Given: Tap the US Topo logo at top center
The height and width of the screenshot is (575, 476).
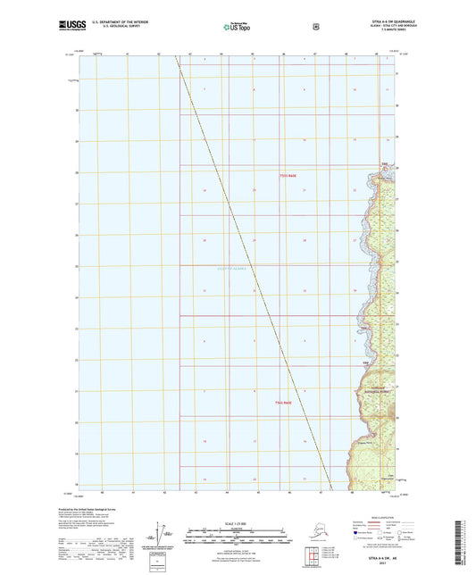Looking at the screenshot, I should point(237,28).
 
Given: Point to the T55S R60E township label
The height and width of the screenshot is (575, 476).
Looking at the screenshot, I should point(285,176).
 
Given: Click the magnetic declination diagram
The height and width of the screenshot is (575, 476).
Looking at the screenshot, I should point(161,534).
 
